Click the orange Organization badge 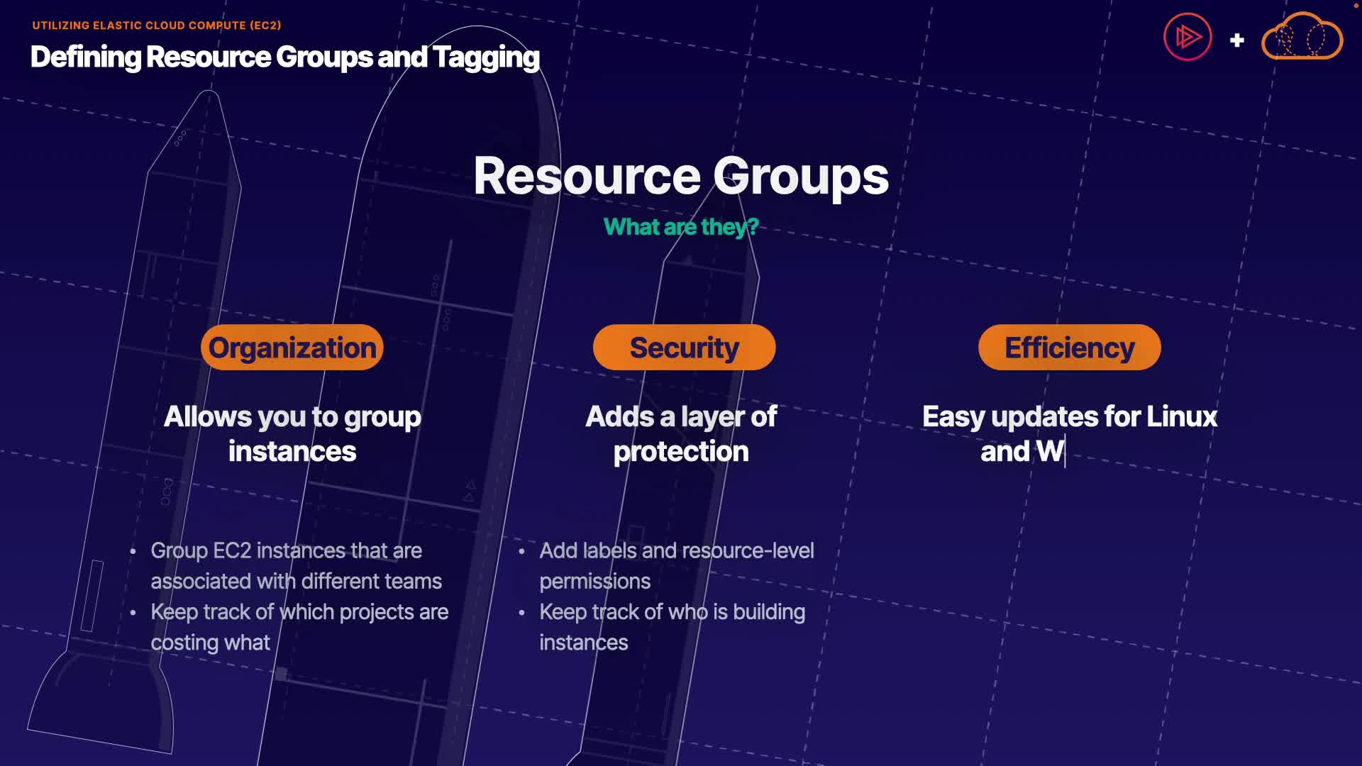click(292, 348)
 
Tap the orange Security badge click(684, 348)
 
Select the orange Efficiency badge click(1069, 348)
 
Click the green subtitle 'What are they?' click(681, 227)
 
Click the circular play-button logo click(1187, 37)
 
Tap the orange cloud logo click(1302, 37)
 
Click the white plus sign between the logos click(1237, 40)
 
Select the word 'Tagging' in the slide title click(486, 57)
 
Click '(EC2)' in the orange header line click(265, 26)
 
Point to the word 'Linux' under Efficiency click(1182, 417)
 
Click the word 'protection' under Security click(681, 452)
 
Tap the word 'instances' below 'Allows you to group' click(292, 452)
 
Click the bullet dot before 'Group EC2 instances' click(133, 551)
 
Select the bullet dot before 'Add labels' click(522, 551)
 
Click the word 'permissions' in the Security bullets click(594, 582)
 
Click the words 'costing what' click(210, 643)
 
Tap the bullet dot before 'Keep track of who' click(522, 612)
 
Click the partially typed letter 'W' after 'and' click(1049, 452)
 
